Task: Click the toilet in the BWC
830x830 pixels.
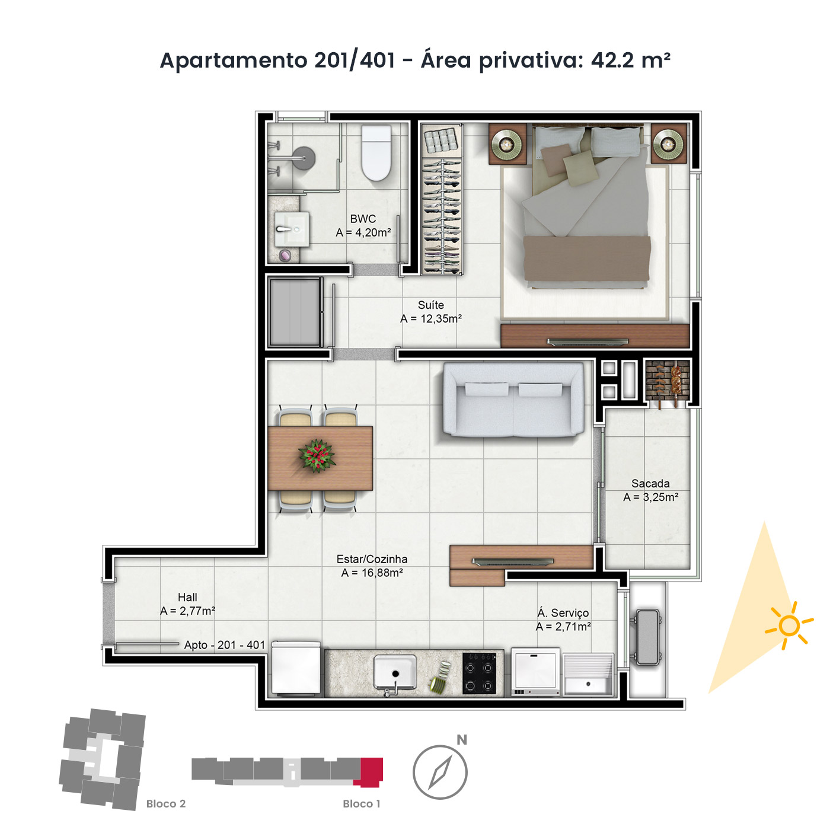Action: (x=376, y=153)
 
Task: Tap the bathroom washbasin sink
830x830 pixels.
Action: (x=292, y=229)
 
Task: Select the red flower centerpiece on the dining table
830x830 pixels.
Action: (x=317, y=455)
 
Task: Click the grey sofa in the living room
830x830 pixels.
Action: (x=514, y=399)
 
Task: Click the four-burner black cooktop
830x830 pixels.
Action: (x=480, y=673)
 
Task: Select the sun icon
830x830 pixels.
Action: (x=788, y=625)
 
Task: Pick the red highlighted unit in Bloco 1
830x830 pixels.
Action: (x=369, y=772)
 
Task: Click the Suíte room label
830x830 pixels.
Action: (x=431, y=305)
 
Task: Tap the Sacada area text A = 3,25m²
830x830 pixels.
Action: (x=650, y=497)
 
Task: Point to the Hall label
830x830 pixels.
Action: (x=187, y=597)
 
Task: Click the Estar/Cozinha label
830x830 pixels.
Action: (x=372, y=559)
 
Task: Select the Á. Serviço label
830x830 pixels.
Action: (x=563, y=612)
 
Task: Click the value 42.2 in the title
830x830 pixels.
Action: (x=612, y=60)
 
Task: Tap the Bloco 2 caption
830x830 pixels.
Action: (x=166, y=804)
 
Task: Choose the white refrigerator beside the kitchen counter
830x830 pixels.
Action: (x=296, y=668)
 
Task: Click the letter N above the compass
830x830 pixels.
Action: (x=462, y=739)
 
